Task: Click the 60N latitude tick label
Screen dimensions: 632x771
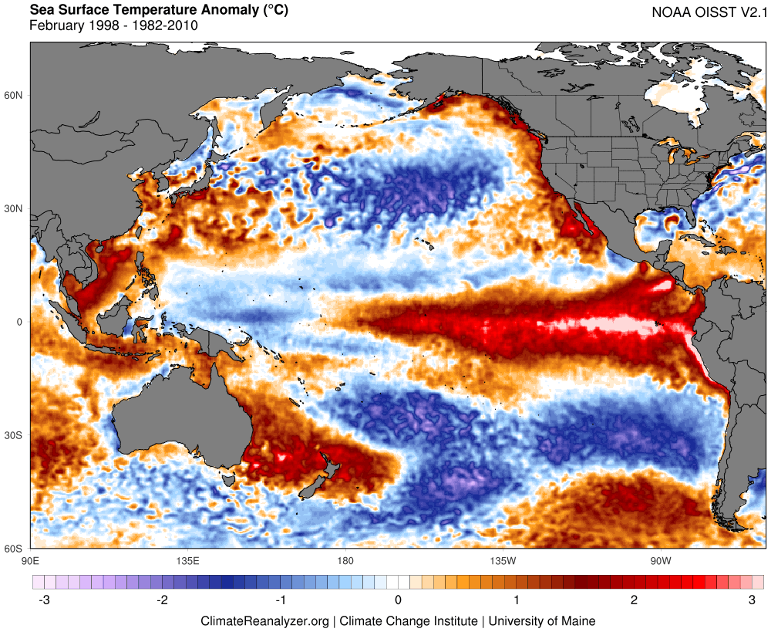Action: point(15,95)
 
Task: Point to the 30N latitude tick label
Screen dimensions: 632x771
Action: point(15,208)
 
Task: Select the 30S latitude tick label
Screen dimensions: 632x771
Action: point(15,435)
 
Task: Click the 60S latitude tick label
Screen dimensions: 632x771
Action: point(15,549)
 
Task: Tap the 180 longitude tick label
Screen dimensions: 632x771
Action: point(345,560)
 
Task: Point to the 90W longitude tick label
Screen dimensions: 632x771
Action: point(659,560)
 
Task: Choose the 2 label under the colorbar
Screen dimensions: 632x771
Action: point(635,600)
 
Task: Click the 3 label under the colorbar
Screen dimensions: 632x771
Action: point(752,600)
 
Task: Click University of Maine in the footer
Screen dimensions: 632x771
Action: point(542,620)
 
